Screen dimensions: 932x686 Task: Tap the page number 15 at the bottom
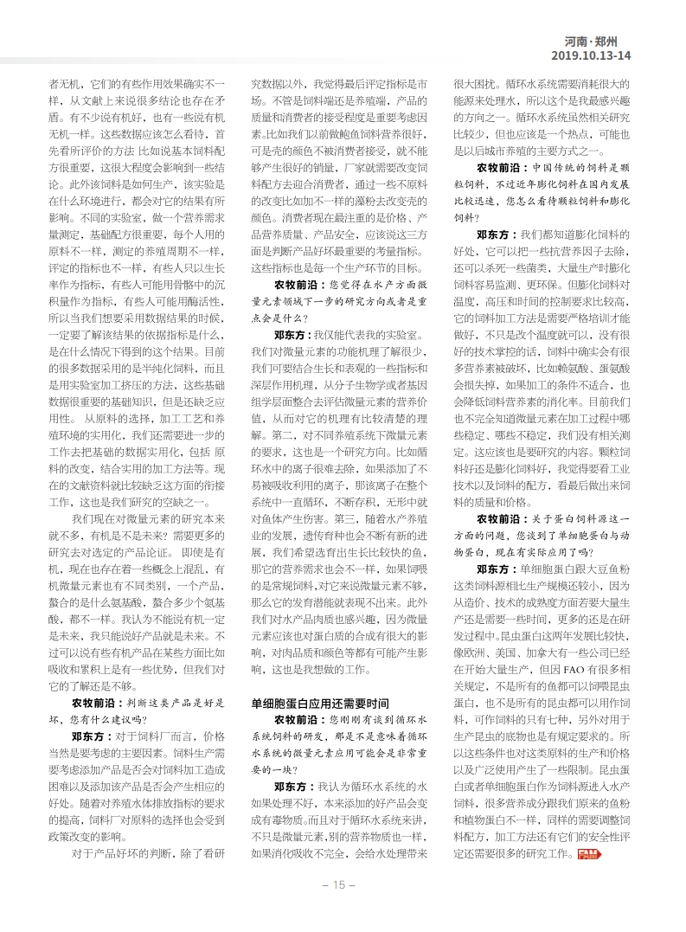[x=333, y=884]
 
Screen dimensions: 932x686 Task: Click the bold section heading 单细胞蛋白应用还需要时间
[x=320, y=703]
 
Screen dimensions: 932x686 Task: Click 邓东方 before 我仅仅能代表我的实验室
[x=292, y=333]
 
